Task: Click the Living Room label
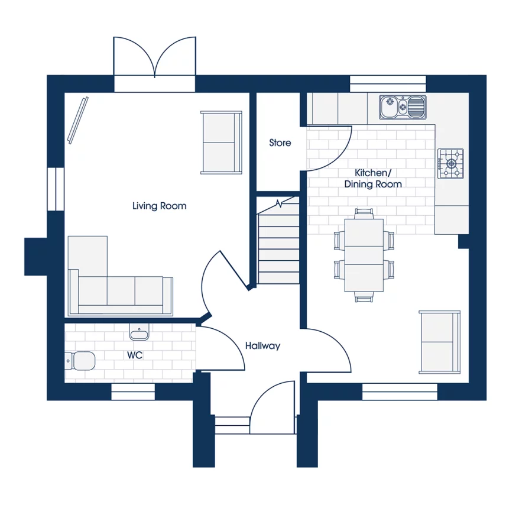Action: click(x=159, y=206)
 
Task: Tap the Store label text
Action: click(x=280, y=143)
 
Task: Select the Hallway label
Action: click(x=262, y=346)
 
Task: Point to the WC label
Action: click(x=135, y=355)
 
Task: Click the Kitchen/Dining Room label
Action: click(x=373, y=178)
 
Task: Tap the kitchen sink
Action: click(x=403, y=107)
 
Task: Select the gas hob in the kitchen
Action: click(x=450, y=163)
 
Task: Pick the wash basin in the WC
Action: click(x=140, y=333)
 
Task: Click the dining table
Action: click(x=364, y=255)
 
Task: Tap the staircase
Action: click(x=279, y=242)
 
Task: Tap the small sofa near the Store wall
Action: click(x=221, y=142)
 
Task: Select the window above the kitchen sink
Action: click(x=388, y=83)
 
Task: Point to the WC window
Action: click(x=133, y=391)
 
